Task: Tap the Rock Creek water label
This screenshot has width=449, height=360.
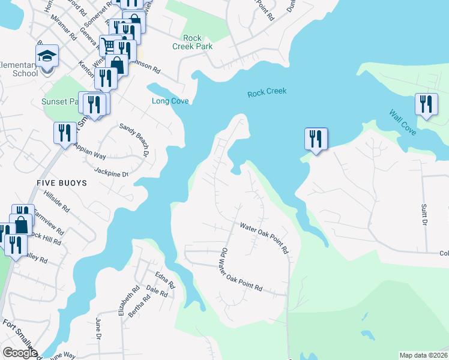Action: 267,92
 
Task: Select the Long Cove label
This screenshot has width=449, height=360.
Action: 170,101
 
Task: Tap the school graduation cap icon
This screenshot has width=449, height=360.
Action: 46,56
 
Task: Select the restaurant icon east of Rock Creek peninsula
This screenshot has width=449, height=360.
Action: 315,139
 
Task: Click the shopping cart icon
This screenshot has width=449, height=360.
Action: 109,45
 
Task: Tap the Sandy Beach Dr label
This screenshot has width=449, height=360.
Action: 134,140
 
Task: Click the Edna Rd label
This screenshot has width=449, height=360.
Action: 164,280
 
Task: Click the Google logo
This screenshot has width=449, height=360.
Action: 20,353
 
